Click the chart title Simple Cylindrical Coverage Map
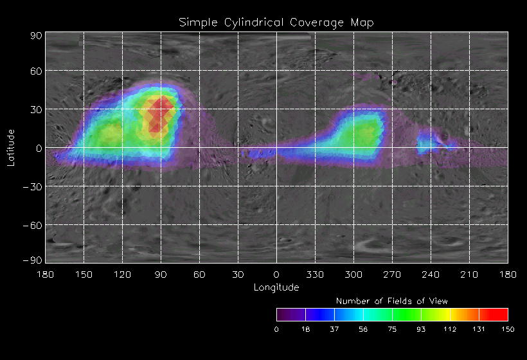[276, 22]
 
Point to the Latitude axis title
[11, 147]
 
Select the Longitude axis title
[276, 287]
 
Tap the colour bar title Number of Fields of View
[392, 301]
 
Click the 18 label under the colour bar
[305, 329]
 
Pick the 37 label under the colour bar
[334, 329]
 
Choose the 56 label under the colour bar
[363, 329]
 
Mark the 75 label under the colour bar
[392, 329]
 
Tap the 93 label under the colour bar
[421, 329]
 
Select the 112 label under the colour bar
[450, 329]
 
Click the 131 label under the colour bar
[479, 329]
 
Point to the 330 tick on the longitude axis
[315, 275]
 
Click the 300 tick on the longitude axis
[353, 275]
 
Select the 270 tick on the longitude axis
[392, 275]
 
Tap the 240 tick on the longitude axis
[431, 275]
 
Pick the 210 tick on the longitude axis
[469, 275]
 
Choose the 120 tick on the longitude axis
[122, 275]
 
